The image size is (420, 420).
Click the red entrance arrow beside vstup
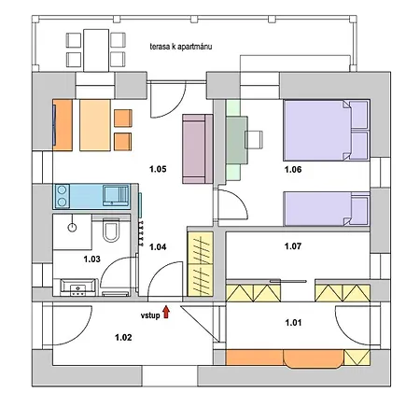166,312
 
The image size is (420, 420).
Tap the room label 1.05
158,169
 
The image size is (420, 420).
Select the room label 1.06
293,169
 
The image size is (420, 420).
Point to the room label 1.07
293,246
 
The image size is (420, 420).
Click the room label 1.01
293,322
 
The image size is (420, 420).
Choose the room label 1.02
123,337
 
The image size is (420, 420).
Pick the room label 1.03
91,259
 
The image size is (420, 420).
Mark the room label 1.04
158,246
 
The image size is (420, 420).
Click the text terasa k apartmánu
181,47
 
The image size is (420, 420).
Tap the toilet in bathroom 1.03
111,231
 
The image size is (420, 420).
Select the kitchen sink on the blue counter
116,195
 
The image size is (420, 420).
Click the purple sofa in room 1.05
198,148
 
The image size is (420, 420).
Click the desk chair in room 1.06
254,139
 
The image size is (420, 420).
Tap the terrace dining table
96,50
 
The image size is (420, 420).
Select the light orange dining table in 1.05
95,125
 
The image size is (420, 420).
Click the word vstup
150,315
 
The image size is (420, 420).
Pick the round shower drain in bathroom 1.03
72,228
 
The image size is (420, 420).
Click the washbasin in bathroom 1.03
77,287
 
